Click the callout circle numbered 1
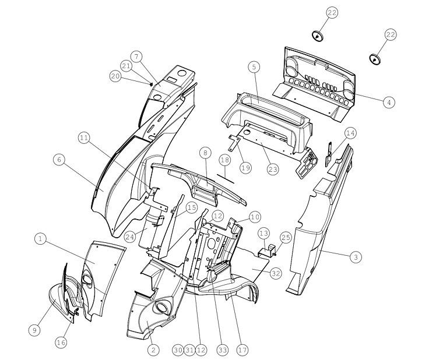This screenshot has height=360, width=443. click(x=40, y=239)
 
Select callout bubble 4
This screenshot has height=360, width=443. click(x=389, y=102)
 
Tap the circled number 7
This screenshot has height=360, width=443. click(x=137, y=57)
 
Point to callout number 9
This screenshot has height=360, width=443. click(x=34, y=330)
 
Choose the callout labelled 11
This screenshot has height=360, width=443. click(x=84, y=138)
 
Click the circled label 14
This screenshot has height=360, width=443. click(x=350, y=133)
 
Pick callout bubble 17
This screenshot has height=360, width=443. click(x=242, y=350)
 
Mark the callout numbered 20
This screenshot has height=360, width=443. click(x=115, y=76)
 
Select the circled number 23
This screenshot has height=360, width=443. click(x=273, y=169)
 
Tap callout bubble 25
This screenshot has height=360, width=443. click(x=286, y=238)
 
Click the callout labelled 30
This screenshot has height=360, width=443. click(x=178, y=350)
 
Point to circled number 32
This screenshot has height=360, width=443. click(x=276, y=273)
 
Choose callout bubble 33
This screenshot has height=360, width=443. click(x=222, y=350)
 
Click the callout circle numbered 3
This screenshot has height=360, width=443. click(x=356, y=257)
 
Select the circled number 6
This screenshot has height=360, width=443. click(x=59, y=160)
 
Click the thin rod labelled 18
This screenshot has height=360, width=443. click(x=226, y=179)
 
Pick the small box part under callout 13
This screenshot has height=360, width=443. click(x=268, y=250)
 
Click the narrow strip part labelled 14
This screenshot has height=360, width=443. click(x=329, y=154)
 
